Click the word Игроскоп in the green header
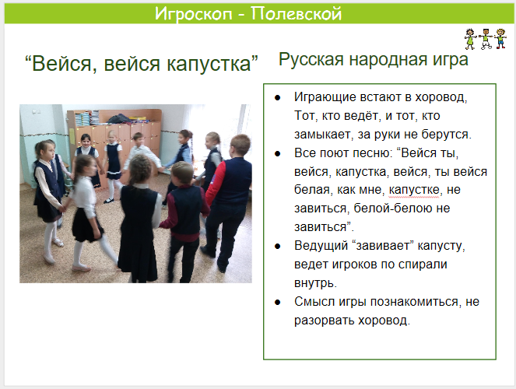point(194,14)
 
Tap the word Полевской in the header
point(297,14)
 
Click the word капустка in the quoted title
point(209,64)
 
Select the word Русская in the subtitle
point(311,60)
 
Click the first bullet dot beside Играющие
point(278,98)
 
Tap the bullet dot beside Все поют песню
point(278,153)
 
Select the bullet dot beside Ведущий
point(278,247)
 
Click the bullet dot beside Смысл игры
point(278,302)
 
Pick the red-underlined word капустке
point(413,191)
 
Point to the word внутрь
point(314,283)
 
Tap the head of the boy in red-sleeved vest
point(240,145)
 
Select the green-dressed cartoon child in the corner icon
point(470,39)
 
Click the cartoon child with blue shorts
point(500,39)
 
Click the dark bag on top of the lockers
point(119,119)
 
